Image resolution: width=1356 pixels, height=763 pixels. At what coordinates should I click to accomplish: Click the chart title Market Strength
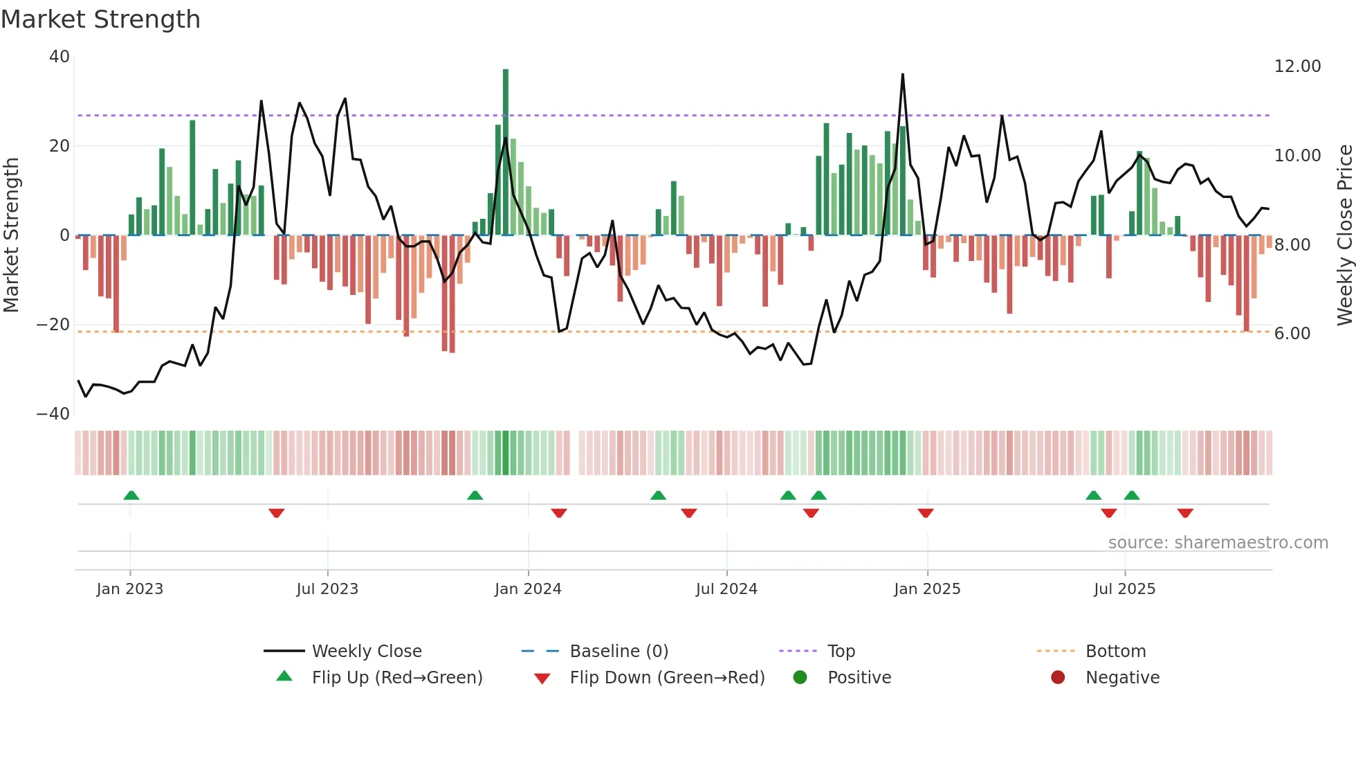click(x=100, y=19)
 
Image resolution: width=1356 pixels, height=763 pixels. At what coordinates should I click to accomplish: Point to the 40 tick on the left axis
click(x=59, y=57)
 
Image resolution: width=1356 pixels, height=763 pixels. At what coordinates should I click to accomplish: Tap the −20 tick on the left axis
click(x=53, y=325)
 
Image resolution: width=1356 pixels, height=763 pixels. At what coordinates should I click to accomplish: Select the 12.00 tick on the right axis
click(x=1297, y=66)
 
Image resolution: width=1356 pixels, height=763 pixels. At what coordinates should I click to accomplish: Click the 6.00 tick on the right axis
click(x=1292, y=334)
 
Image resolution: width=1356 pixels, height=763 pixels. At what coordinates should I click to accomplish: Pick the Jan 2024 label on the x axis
click(x=528, y=589)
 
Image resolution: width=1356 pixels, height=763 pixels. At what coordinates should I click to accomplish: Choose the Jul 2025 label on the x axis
click(x=1124, y=589)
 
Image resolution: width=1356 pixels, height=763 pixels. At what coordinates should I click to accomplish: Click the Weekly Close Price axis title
click(x=1344, y=235)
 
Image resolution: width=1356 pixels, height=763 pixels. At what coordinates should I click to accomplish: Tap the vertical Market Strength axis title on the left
click(x=12, y=235)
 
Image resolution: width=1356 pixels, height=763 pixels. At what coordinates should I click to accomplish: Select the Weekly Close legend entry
click(x=366, y=652)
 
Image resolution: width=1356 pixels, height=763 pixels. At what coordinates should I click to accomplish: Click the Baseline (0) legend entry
click(x=619, y=652)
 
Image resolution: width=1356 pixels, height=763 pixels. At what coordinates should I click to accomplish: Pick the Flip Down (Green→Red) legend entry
click(x=666, y=678)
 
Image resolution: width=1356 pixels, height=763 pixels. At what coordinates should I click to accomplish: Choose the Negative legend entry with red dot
click(x=1121, y=678)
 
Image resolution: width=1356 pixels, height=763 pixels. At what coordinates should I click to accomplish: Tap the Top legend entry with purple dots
click(x=841, y=652)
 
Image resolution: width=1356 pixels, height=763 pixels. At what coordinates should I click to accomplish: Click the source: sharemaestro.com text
click(x=1218, y=543)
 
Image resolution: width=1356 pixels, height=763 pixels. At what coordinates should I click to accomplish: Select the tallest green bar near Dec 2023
click(x=506, y=152)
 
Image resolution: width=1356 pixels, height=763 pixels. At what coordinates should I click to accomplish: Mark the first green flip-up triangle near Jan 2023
click(x=131, y=495)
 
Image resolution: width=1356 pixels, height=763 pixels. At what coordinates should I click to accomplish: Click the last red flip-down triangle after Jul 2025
click(x=1185, y=513)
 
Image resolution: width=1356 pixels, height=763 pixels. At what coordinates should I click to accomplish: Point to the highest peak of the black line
click(x=903, y=75)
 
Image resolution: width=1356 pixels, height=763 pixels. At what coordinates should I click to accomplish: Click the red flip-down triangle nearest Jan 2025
click(x=926, y=513)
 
